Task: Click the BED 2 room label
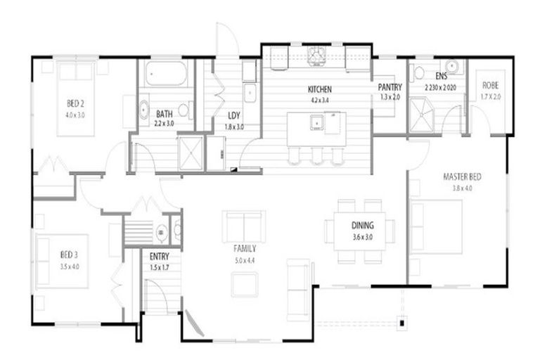[x=75, y=105]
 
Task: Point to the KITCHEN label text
[x=319, y=90]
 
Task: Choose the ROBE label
[x=490, y=86]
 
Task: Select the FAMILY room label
[x=245, y=248]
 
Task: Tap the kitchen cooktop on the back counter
[x=316, y=53]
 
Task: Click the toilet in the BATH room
[x=184, y=110]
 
